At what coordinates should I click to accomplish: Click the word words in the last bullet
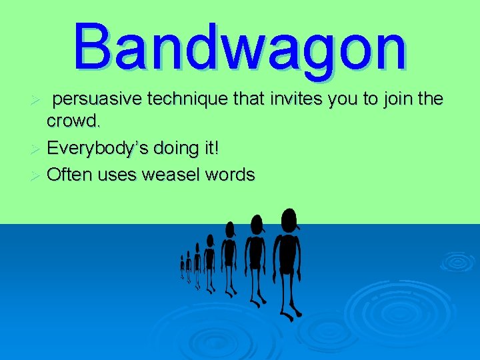[230, 175]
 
